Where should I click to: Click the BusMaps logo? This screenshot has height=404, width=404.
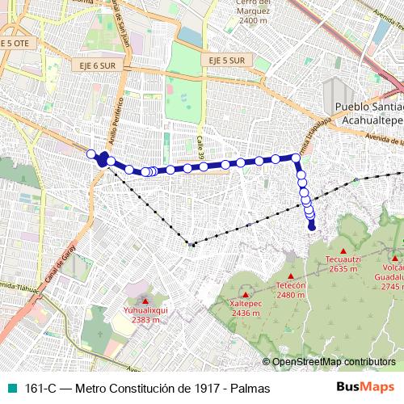click(366, 386)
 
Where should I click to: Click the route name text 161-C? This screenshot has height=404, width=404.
click(40, 387)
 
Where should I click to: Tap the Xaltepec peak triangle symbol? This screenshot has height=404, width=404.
click(244, 293)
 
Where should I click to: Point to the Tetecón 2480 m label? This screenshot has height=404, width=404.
click(290, 290)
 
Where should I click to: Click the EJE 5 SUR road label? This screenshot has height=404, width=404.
click(225, 61)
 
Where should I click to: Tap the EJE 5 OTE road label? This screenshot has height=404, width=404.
click(15, 44)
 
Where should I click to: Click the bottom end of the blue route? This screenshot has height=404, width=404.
click(312, 227)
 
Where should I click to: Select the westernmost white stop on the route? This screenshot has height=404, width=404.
click(91, 154)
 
